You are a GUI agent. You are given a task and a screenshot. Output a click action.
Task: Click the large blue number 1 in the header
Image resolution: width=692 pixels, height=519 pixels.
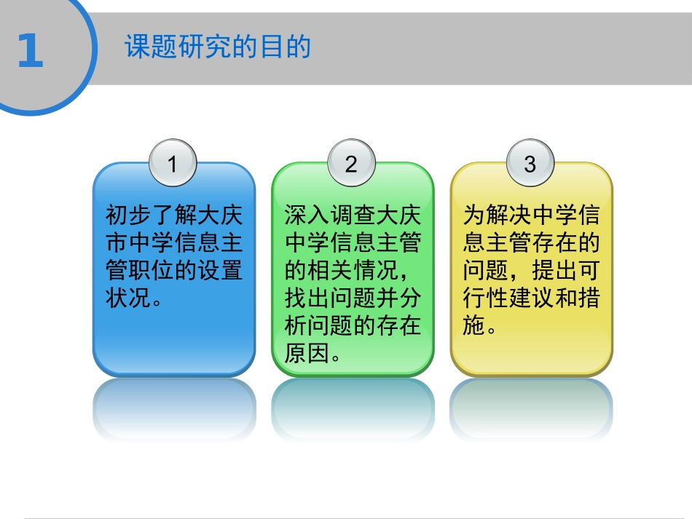(31, 52)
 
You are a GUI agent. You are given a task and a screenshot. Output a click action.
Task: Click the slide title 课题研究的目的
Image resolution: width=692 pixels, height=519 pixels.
(218, 47)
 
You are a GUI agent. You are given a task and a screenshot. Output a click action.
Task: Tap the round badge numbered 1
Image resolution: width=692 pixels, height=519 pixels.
(173, 164)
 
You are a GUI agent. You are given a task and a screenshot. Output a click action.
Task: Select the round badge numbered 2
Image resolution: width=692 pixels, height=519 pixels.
(351, 164)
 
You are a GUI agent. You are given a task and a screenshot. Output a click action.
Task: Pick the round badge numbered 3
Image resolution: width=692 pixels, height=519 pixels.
(530, 164)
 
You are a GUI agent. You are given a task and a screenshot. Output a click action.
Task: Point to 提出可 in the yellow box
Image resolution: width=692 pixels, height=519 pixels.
(556, 271)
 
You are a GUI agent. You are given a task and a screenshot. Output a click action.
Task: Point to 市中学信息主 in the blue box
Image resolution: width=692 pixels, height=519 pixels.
(174, 243)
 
